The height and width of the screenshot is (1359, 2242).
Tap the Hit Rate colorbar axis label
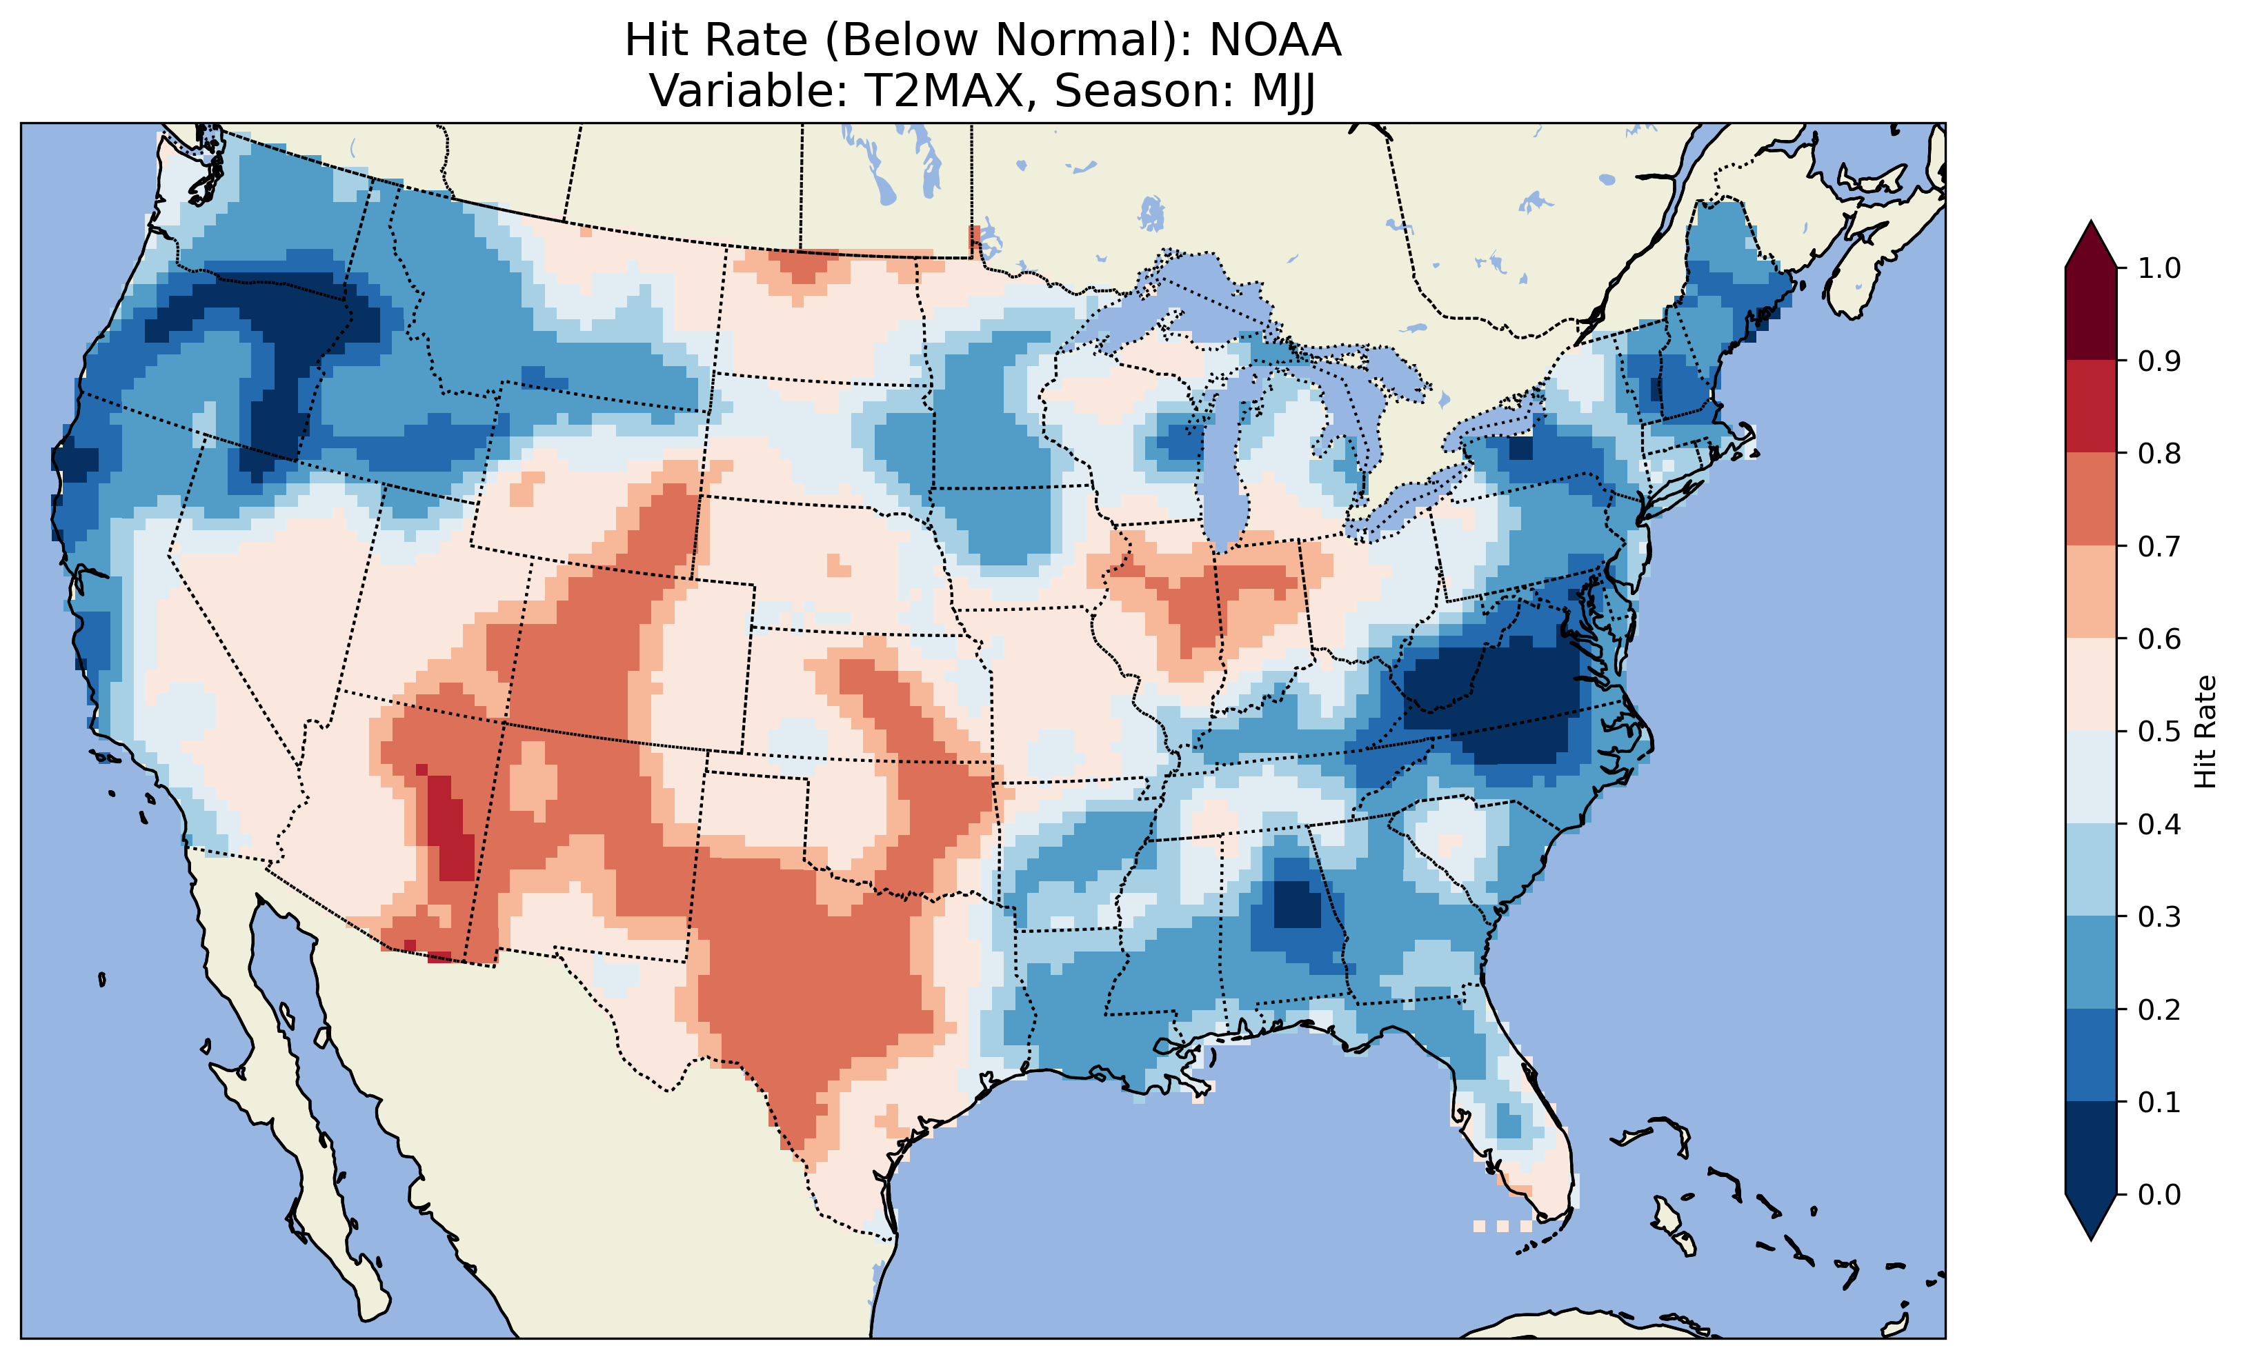coord(2205,732)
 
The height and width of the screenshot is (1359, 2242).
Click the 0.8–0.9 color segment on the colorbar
coord(2091,405)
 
